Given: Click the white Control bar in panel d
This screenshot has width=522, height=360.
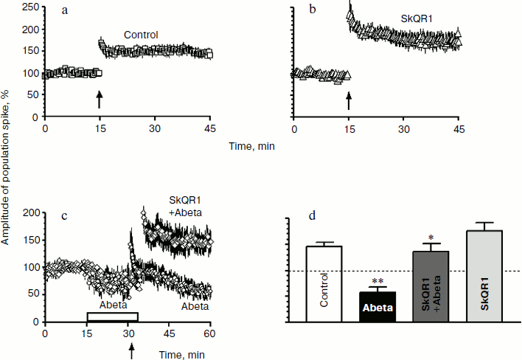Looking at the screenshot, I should click(324, 284).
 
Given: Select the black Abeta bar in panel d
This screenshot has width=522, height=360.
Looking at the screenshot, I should click(377, 306).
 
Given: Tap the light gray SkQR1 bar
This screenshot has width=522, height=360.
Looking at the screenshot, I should click(485, 276).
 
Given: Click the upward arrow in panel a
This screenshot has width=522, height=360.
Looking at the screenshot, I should click(100, 98).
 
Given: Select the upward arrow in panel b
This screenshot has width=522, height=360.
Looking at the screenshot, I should click(349, 99).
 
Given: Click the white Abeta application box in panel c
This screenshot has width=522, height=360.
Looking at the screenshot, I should click(112, 316).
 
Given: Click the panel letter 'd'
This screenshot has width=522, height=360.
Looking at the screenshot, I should click(313, 216).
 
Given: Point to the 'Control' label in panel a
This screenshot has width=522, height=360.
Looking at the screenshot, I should click(141, 35).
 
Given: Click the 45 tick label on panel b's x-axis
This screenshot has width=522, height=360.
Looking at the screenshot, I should click(459, 130).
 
